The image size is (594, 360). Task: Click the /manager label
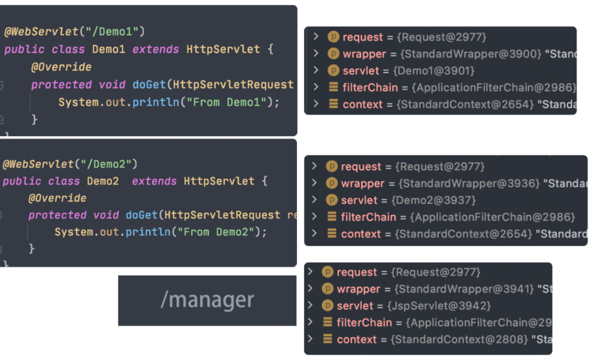[207, 300]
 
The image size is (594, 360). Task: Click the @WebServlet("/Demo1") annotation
[75, 31]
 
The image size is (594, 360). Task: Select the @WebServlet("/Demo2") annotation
[70, 164]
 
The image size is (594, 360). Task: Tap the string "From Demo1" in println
[227, 102]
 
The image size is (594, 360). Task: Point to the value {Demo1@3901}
[434, 70]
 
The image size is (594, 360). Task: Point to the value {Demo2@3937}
[433, 200]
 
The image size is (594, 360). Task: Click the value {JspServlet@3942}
[439, 306]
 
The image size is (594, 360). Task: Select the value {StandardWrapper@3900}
[471, 54]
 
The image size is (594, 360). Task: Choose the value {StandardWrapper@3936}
[469, 183]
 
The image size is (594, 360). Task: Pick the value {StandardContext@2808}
[459, 339]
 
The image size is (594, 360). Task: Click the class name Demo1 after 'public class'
[109, 49]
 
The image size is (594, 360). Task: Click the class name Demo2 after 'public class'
[103, 181]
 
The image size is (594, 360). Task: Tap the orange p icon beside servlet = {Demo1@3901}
[333, 70]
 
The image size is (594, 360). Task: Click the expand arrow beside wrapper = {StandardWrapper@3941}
[310, 289]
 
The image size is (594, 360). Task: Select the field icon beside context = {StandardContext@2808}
[327, 339]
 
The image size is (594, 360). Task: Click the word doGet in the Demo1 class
[149, 85]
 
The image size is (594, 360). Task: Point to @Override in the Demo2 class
[57, 198]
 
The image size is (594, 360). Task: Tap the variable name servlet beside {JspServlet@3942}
[355, 306]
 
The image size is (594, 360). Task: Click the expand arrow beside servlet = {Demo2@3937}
[314, 200]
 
